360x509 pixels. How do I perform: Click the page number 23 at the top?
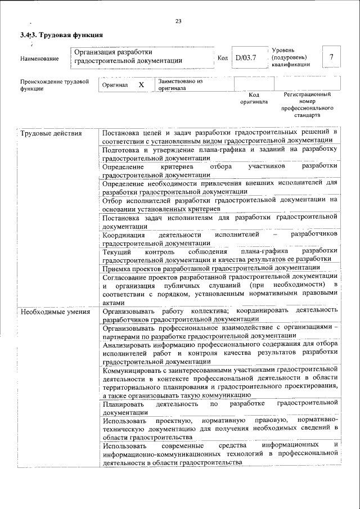pos(178,21)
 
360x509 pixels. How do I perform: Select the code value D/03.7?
pos(247,57)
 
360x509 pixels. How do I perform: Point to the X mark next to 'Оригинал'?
pos(141,84)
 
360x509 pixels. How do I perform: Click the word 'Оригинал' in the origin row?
pos(115,85)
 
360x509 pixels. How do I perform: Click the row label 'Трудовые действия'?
pos(51,133)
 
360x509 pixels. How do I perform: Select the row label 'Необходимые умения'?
pos(55,310)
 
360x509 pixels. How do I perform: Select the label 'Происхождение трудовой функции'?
pos(55,85)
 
